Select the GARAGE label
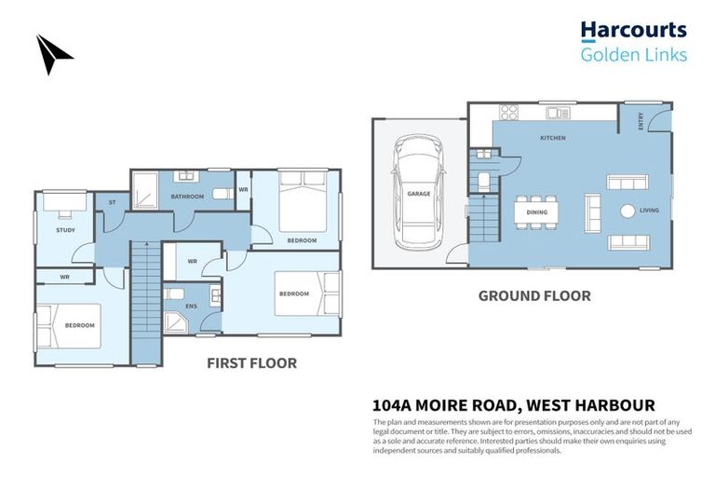point(419,194)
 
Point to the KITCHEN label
point(553,138)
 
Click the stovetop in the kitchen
point(508,113)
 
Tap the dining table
point(536,212)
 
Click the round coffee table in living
point(627,211)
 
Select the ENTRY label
point(641,121)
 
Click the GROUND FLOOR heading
point(534,296)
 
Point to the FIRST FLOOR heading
point(251,362)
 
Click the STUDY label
point(65,229)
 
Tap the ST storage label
point(112,201)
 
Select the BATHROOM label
point(187,197)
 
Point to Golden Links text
point(634,54)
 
